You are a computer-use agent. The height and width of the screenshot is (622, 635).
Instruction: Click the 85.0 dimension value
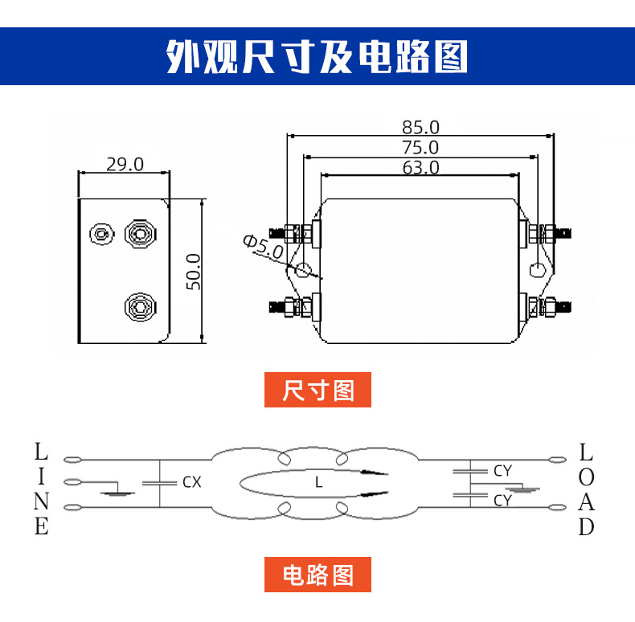[x=420, y=127]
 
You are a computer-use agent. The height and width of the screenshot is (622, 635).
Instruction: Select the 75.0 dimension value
[x=420, y=147]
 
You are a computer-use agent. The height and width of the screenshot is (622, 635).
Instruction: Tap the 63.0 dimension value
[x=420, y=167]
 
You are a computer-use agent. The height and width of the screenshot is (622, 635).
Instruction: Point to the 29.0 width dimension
[x=125, y=164]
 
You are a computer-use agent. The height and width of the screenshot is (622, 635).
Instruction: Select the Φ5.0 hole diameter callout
[x=262, y=248]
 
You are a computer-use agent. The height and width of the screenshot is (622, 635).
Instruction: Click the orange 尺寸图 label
[x=318, y=391]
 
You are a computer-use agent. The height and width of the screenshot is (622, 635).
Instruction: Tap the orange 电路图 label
[x=318, y=575]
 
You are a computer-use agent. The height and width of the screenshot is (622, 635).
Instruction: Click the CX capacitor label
[x=191, y=482]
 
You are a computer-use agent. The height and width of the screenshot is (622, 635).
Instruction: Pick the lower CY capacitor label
[x=502, y=500]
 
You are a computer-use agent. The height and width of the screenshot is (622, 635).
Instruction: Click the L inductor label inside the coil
[x=318, y=483]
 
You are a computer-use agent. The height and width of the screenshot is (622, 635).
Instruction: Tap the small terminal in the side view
[x=101, y=235]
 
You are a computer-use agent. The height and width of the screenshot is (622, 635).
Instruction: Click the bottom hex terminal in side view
[x=139, y=306]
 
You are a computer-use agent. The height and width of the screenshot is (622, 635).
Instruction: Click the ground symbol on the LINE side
[x=118, y=490]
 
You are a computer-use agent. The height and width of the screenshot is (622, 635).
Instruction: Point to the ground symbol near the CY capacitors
[x=526, y=487]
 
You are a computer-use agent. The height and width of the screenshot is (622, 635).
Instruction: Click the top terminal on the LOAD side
[x=555, y=460]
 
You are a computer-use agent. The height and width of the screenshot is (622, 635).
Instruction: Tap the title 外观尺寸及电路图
[x=317, y=56]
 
